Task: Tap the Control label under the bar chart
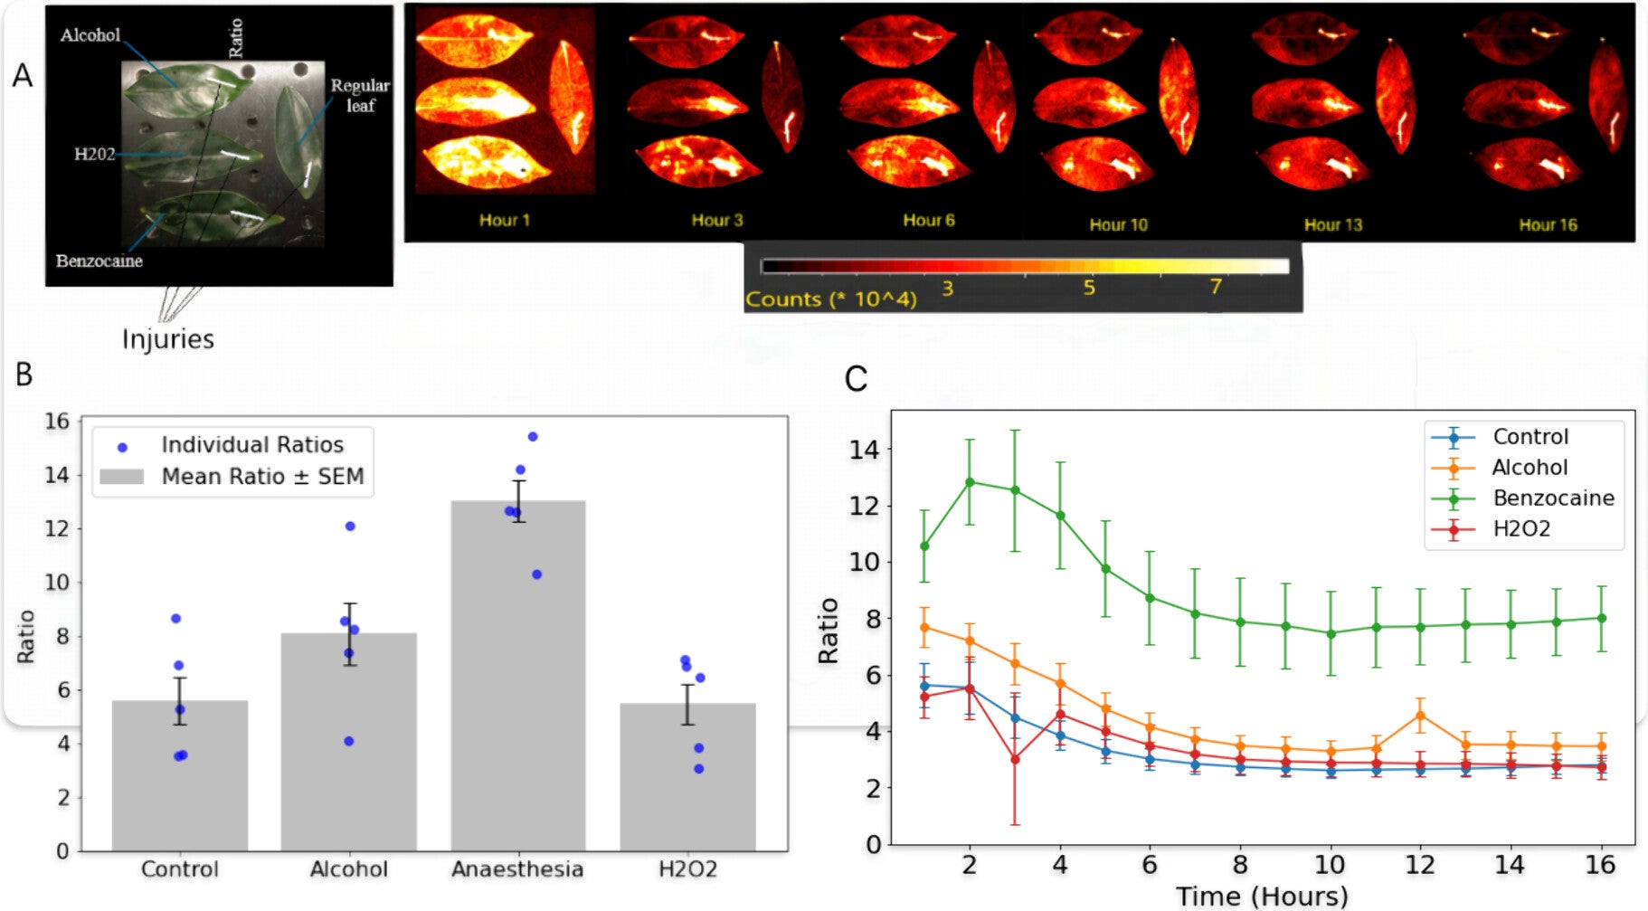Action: click(x=179, y=869)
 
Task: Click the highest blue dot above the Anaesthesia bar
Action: click(x=533, y=437)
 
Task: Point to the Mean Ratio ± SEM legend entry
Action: click(x=261, y=477)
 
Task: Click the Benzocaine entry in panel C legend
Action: click(x=1553, y=498)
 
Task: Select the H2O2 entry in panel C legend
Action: click(x=1521, y=529)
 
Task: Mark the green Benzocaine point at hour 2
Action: click(x=970, y=482)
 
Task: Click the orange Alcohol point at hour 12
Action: click(x=1420, y=716)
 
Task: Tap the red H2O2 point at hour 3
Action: click(x=1015, y=759)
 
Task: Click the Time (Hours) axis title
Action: click(x=1262, y=897)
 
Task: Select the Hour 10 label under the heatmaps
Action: click(x=1118, y=225)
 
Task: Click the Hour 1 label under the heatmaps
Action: click(x=504, y=221)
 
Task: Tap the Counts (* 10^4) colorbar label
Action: click(x=830, y=299)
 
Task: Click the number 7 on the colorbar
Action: click(x=1216, y=288)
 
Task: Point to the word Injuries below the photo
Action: click(x=168, y=339)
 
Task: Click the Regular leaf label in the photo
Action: click(x=359, y=95)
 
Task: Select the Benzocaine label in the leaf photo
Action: click(x=99, y=261)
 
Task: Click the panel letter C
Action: click(x=856, y=378)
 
